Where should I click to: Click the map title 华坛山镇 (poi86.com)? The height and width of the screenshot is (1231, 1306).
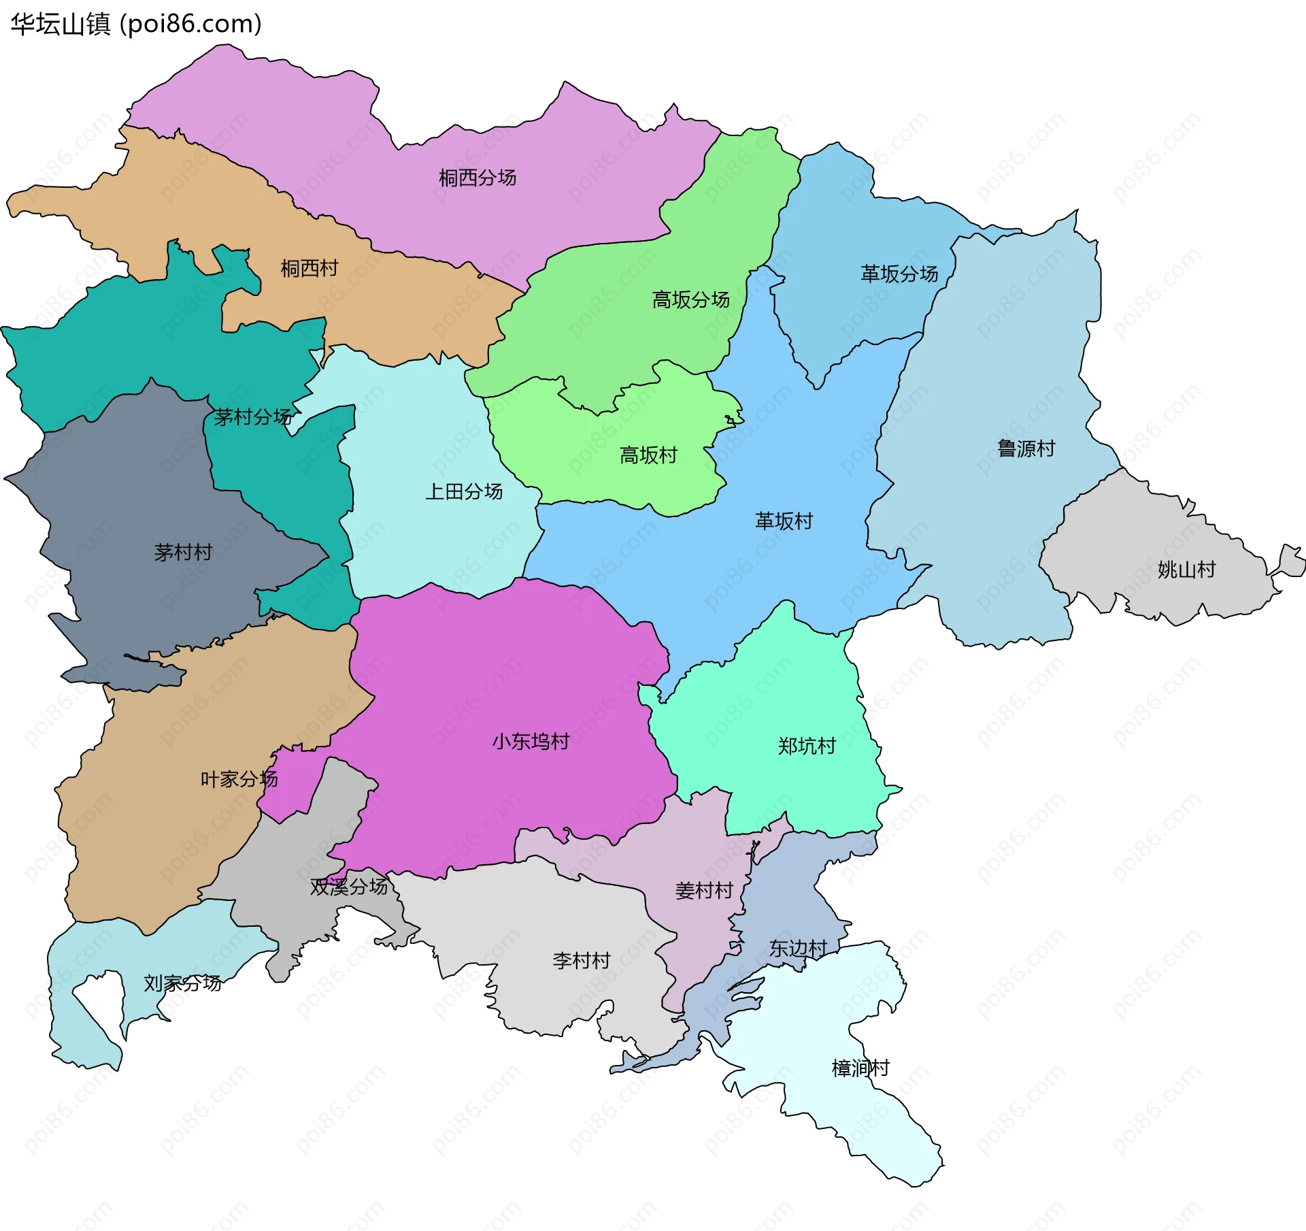[136, 24]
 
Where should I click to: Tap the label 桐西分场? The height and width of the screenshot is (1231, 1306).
[478, 178]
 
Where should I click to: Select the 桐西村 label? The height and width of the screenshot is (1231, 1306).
[309, 269]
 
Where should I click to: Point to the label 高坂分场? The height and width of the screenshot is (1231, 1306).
[690, 300]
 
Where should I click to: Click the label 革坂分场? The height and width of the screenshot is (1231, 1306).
[899, 274]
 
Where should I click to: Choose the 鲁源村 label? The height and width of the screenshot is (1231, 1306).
[1026, 449]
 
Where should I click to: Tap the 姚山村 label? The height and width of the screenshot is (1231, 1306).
[1186, 570]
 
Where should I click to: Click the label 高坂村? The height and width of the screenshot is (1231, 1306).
[648, 456]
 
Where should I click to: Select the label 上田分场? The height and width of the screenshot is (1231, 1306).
[464, 492]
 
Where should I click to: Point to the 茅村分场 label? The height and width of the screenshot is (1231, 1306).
[252, 418]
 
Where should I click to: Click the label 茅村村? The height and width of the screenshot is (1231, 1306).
[183, 553]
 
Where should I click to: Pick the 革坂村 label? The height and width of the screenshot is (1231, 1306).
[784, 522]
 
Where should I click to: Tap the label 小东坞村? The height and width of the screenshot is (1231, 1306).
[531, 742]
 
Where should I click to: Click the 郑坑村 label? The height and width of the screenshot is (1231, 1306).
[807, 746]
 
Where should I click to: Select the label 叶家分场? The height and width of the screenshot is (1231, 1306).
[239, 779]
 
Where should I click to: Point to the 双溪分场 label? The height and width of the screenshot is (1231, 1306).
[349, 887]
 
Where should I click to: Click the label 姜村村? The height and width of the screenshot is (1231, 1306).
[704, 891]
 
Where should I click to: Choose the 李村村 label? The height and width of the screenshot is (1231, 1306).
[582, 962]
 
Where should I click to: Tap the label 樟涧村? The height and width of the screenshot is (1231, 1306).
[860, 1068]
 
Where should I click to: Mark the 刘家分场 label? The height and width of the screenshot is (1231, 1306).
[182, 983]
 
